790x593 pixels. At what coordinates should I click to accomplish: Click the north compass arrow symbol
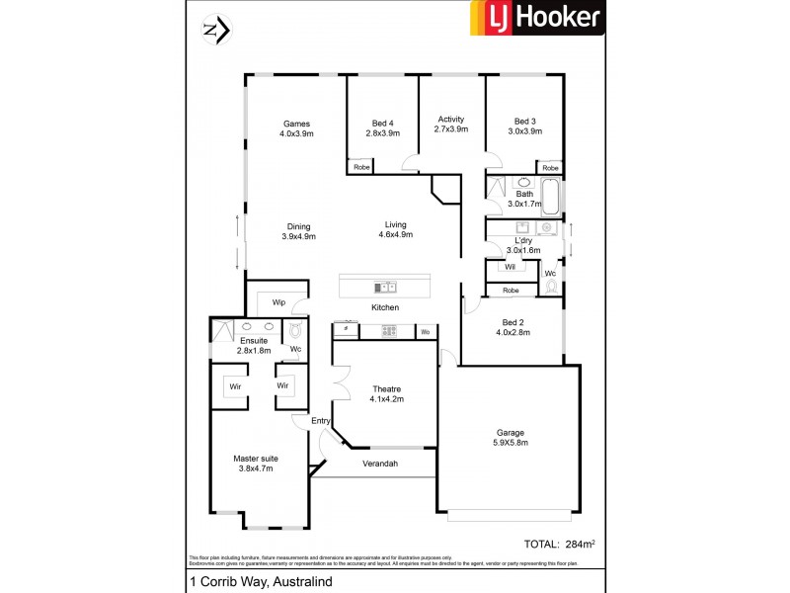pyautogui.click(x=215, y=31)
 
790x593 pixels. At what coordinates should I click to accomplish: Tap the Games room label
pyautogui.click(x=295, y=124)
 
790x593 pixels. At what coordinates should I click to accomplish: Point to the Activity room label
pyautogui.click(x=450, y=120)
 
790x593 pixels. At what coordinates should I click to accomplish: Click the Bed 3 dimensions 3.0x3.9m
pyautogui.click(x=524, y=131)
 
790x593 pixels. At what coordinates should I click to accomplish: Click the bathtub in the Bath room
pyautogui.click(x=550, y=196)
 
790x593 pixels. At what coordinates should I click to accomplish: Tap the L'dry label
pyautogui.click(x=523, y=240)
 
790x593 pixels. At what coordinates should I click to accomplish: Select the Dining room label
pyautogui.click(x=298, y=225)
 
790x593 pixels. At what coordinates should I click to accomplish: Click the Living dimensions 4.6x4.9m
pyautogui.click(x=395, y=235)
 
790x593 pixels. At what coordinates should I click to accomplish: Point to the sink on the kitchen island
pyautogui.click(x=384, y=288)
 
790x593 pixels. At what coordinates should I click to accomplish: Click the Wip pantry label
pyautogui.click(x=278, y=301)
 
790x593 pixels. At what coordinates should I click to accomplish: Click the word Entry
pyautogui.click(x=320, y=421)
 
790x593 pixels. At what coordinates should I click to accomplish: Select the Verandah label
pyautogui.click(x=380, y=463)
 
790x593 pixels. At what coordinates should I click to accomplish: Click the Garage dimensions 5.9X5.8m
pyautogui.click(x=510, y=443)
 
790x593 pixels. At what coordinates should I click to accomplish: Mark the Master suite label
pyautogui.click(x=255, y=459)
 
